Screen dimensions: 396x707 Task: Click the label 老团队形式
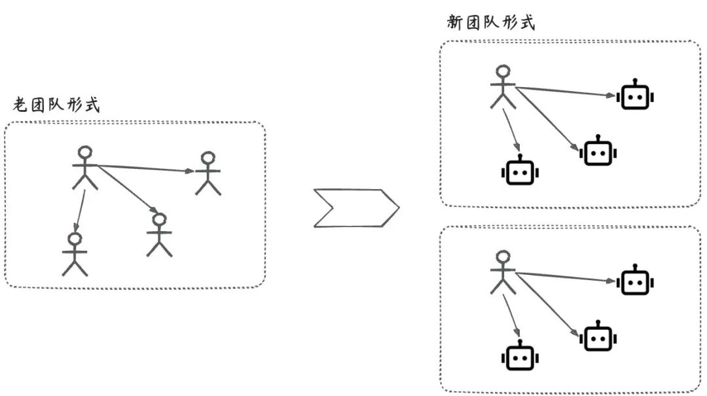coord(56,105)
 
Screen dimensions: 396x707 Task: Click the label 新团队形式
coord(490,23)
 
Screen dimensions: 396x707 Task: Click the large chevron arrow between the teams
coord(355,208)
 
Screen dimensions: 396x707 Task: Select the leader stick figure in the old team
coord(85,168)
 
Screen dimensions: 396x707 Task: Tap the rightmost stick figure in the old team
coord(208,173)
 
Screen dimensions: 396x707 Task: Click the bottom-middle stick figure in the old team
coord(159,234)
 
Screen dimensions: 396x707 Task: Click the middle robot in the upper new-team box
coord(597,152)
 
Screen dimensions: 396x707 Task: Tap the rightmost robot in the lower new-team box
coord(634,282)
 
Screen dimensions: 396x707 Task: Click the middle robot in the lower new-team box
coord(597,338)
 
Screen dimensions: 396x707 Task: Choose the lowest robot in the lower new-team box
coord(520,358)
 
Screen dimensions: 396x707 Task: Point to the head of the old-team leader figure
coord(85,153)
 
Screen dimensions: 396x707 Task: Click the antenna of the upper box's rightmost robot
coord(635,81)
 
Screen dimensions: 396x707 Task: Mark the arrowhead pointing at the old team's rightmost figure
coord(189,171)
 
